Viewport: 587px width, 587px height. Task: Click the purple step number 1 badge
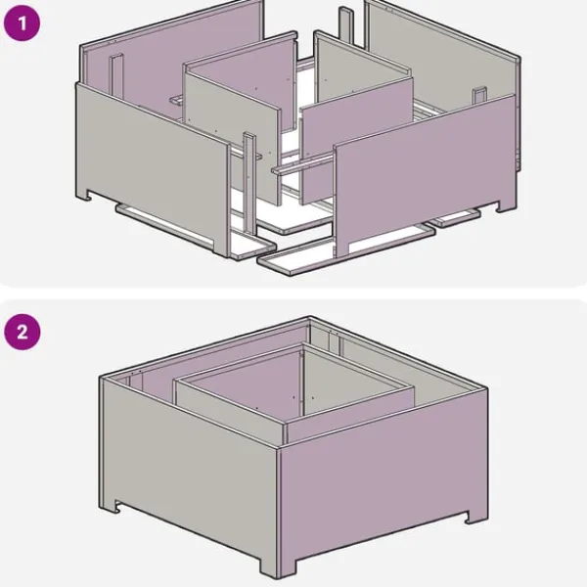pos(22,23)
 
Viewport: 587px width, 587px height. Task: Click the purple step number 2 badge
pos(23,332)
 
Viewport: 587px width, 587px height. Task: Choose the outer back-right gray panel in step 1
pos(442,56)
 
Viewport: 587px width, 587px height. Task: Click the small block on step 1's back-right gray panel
pos(479,96)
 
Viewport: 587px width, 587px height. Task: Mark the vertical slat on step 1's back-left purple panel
pos(116,76)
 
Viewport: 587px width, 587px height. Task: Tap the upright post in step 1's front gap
pos(249,184)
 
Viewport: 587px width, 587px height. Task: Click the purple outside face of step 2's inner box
pos(350,416)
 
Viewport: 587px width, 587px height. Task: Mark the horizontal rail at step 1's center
pos(302,164)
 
